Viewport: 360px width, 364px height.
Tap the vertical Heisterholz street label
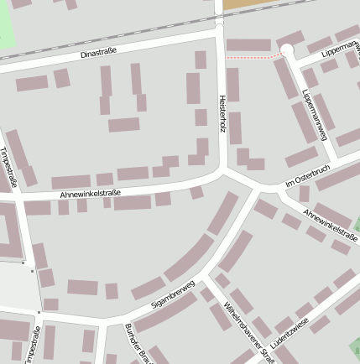click(x=222, y=112)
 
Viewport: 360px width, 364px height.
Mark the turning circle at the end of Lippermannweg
click(x=287, y=51)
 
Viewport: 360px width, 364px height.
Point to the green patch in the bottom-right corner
click(x=355, y=346)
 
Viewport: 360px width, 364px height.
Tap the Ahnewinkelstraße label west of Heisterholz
click(x=91, y=194)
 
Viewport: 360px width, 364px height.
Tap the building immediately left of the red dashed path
click(x=248, y=44)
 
